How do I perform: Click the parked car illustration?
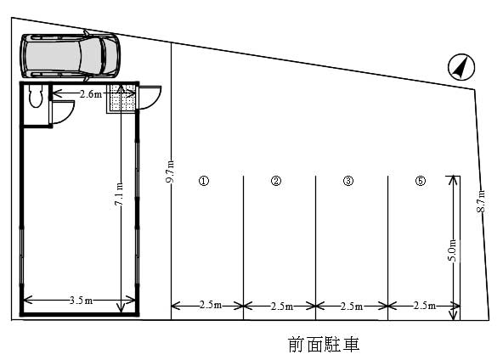tap(70, 56)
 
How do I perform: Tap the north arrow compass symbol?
tap(461, 67)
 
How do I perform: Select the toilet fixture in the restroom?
tap(36, 96)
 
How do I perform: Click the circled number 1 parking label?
tap(204, 181)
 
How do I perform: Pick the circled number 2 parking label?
tap(276, 181)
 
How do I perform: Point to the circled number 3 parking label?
tap(348, 181)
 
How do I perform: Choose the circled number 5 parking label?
tap(421, 181)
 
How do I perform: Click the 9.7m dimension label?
tap(170, 172)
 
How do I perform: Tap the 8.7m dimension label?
tap(481, 201)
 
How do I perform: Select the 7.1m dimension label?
tap(119, 194)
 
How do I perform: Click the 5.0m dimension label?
tap(452, 250)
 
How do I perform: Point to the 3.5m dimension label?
tap(81, 301)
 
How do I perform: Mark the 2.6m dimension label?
tap(91, 94)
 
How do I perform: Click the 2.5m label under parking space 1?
tap(211, 305)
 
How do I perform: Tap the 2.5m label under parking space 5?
tap(425, 306)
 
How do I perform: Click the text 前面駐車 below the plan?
tap(324, 344)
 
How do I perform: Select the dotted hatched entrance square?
tap(122, 98)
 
